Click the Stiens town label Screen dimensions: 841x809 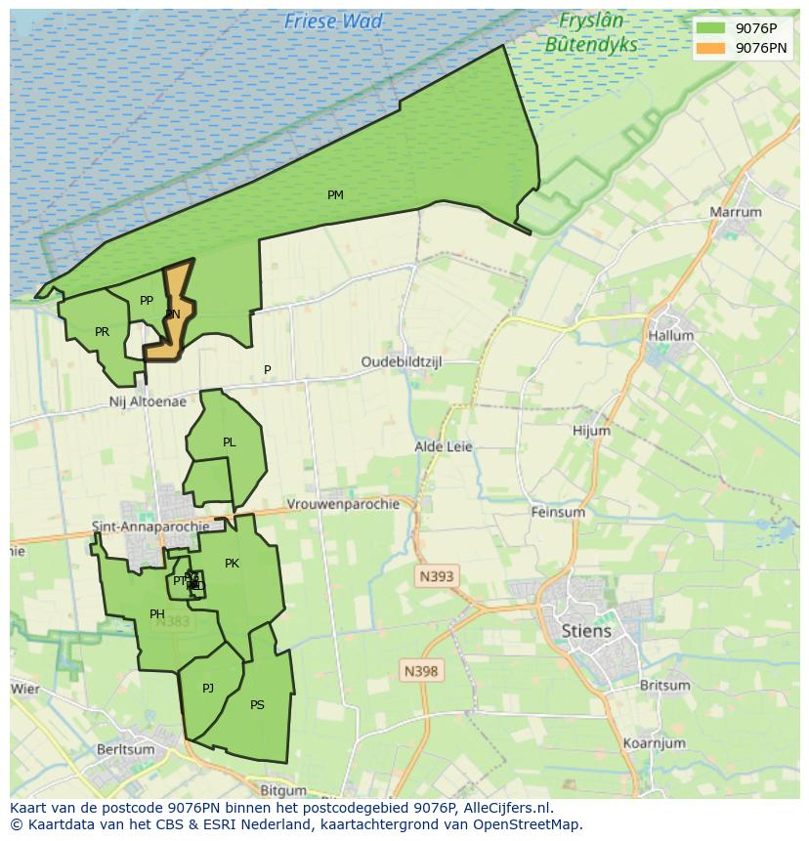tap(586, 630)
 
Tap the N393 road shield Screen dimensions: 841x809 tap(436, 576)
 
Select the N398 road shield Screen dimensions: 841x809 tap(421, 671)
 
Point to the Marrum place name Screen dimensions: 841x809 tap(736, 212)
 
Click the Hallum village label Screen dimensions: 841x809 tap(670, 335)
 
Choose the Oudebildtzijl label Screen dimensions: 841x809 tap(402, 361)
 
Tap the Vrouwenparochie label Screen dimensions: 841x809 tap(343, 504)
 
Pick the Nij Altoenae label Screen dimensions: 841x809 tap(148, 401)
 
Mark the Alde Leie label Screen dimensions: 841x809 tap(444, 446)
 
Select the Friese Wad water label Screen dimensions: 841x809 tap(333, 21)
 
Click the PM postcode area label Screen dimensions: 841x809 tap(335, 195)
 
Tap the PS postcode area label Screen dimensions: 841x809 tap(257, 705)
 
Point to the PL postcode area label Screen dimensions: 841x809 tap(229, 442)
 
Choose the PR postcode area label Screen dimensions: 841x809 tap(102, 332)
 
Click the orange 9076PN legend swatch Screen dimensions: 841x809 tap(710, 48)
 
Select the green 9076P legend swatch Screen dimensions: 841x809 tap(710, 28)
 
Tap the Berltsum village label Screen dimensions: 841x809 tap(126, 749)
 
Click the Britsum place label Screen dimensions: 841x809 tap(664, 686)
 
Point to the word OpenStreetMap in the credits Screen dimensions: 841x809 tap(529, 824)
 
